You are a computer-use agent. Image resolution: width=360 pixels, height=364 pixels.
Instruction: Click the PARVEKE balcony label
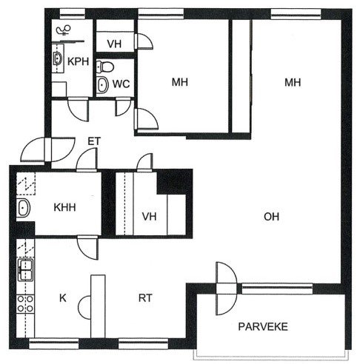[x=263, y=326]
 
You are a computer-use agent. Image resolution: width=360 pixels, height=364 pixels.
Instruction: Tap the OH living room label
[x=271, y=217]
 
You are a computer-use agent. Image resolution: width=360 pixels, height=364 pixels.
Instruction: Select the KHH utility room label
[x=64, y=207]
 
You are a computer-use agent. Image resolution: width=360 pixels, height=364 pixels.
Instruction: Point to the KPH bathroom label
[x=78, y=61]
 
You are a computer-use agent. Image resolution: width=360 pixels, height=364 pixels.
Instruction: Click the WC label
[x=121, y=84]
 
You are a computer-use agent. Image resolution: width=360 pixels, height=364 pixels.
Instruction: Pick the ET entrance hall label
[x=94, y=141]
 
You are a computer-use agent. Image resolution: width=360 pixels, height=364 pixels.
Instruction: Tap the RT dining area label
[x=145, y=298]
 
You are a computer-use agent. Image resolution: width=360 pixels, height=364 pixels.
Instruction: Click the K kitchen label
[x=63, y=298]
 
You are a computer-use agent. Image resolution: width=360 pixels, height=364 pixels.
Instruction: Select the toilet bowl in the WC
[x=105, y=67]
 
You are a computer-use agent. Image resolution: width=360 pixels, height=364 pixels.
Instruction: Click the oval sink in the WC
[x=102, y=85]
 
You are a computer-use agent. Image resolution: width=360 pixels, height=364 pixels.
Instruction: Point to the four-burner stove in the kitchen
[x=25, y=304]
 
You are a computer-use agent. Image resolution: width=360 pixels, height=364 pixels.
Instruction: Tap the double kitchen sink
[x=25, y=270]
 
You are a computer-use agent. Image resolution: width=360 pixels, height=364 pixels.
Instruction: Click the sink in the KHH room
[x=23, y=208]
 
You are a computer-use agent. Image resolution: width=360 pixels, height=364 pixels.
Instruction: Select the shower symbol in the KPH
[x=64, y=30]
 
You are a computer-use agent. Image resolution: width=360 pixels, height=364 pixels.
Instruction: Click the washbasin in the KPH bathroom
[x=58, y=58]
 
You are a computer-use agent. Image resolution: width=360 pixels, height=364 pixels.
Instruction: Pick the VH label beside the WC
[x=114, y=44]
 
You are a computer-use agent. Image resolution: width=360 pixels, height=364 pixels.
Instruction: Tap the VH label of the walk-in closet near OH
[x=149, y=217]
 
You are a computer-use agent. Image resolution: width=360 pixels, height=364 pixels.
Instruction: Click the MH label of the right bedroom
[x=293, y=82]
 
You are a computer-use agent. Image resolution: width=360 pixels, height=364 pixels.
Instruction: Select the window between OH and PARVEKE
[x=277, y=289]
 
